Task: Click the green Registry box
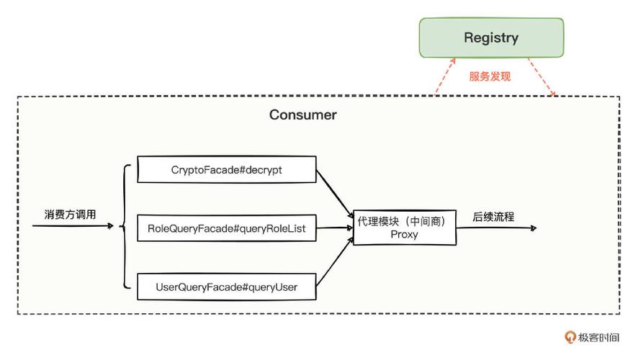491,38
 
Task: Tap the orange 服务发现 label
490,76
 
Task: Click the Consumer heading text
302,114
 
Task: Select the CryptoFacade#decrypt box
226,170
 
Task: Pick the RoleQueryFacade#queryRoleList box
226,228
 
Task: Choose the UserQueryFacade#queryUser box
226,287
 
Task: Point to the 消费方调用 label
70,215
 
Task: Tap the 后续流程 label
493,216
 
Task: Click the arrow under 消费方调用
72,226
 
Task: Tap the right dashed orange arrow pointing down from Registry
542,78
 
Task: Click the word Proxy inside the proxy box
404,235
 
